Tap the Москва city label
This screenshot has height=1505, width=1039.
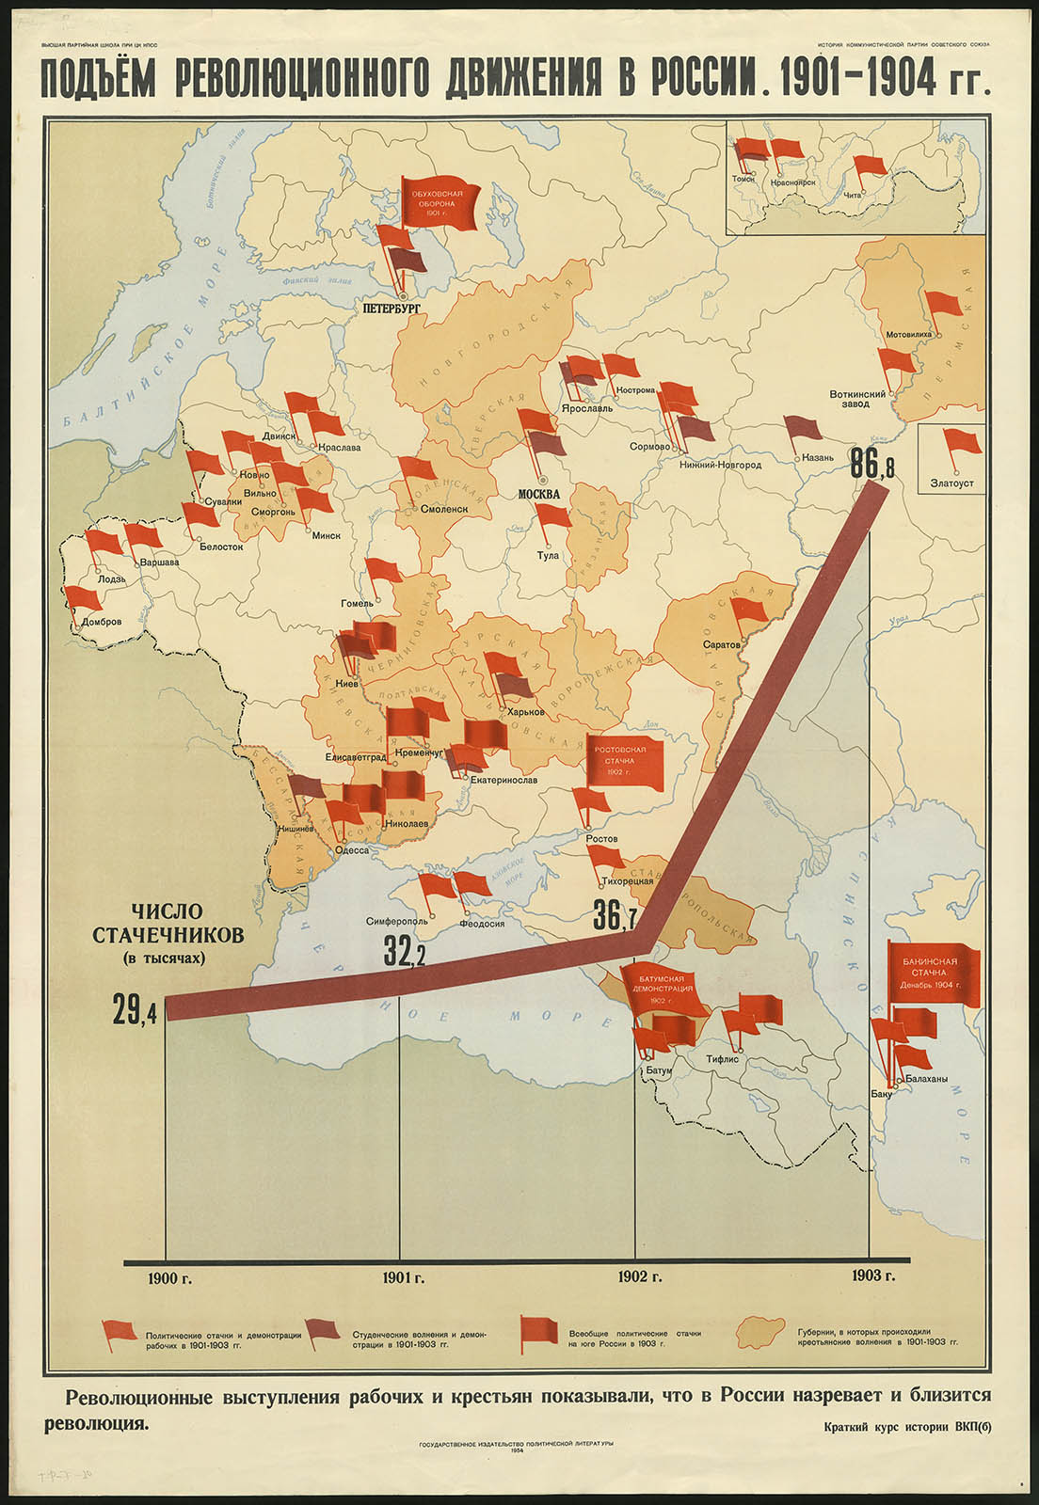coord(539,494)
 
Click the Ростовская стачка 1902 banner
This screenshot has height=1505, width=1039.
coord(627,760)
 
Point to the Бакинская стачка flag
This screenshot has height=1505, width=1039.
coord(935,973)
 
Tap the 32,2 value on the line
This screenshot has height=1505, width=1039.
coord(405,952)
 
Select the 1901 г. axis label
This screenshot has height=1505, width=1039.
coord(404,1276)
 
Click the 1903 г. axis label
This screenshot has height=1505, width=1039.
coord(872,1275)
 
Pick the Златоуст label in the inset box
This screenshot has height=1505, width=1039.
coord(951,483)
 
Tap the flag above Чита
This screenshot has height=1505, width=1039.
coord(870,166)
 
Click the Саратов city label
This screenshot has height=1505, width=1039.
coord(721,644)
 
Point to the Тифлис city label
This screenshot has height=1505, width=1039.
coord(722,1058)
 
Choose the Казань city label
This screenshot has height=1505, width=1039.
coord(819,457)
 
